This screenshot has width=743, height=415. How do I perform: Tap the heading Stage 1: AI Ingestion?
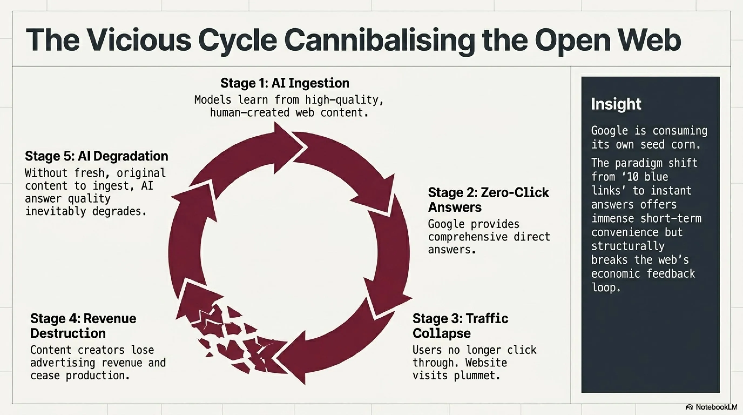tap(285, 83)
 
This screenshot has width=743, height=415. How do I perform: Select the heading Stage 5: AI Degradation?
tap(97, 156)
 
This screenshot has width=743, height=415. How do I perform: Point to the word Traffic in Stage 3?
tap(487, 318)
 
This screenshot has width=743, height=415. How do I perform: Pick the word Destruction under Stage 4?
tap(68, 333)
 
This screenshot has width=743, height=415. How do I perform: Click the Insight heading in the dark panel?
tap(616, 104)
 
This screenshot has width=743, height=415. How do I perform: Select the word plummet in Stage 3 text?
tap(477, 376)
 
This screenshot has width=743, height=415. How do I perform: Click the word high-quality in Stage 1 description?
tap(344, 100)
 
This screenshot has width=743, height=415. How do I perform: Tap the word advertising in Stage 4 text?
tap(63, 363)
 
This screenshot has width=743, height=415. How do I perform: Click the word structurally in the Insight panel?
tap(628, 246)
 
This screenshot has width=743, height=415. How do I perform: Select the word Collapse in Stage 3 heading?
tap(442, 333)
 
